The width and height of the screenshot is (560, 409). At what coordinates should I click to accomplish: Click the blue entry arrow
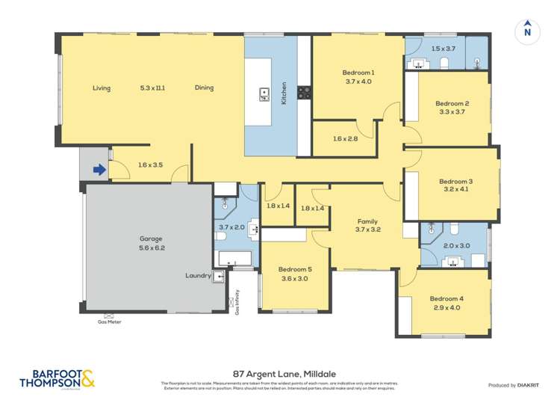click(99, 170)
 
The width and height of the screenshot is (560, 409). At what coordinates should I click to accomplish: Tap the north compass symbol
click(527, 31)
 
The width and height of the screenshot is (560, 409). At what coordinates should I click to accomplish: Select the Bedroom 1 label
click(358, 72)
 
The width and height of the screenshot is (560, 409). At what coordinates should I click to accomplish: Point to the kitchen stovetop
click(305, 93)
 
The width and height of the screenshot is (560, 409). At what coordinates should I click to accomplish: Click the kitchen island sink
click(264, 93)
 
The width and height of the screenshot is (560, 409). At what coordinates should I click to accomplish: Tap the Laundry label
click(198, 275)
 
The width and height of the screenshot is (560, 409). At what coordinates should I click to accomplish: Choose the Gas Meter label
click(109, 322)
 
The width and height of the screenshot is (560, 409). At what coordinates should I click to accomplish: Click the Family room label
click(367, 221)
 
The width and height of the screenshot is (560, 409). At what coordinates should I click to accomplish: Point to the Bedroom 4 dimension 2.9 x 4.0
click(448, 307)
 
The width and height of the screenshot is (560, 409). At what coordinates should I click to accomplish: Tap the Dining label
click(204, 87)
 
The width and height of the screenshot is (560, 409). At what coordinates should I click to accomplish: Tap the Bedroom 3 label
click(455, 181)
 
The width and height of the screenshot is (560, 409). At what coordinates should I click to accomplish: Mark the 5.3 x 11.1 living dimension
click(152, 87)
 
